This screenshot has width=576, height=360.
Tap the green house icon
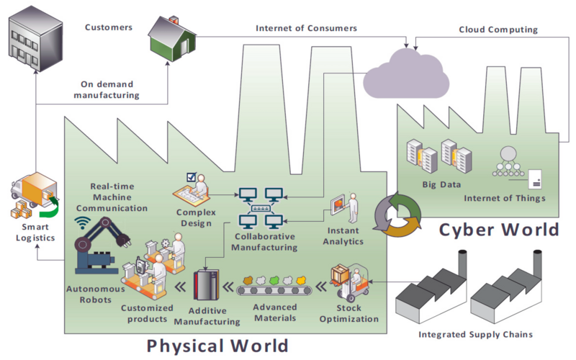[172, 38]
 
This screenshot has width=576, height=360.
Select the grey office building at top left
[35, 37]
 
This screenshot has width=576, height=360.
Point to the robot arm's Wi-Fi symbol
[82, 222]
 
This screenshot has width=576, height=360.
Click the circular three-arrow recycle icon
[397, 215]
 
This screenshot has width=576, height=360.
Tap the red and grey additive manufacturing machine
[206, 284]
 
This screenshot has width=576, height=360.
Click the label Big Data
[441, 185]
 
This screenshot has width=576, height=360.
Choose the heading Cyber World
[499, 230]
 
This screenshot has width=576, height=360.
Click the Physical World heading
[217, 346]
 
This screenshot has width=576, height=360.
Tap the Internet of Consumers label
[307, 28]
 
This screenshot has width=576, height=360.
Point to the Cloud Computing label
[498, 30]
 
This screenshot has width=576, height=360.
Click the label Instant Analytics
[343, 236]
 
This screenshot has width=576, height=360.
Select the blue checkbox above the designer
[192, 177]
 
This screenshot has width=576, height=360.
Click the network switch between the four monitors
[261, 208]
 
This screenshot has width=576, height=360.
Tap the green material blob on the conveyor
[274, 281]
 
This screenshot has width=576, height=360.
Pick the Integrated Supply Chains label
[475, 335]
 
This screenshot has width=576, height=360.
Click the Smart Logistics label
[35, 233]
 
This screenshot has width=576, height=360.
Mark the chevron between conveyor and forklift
[321, 286]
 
